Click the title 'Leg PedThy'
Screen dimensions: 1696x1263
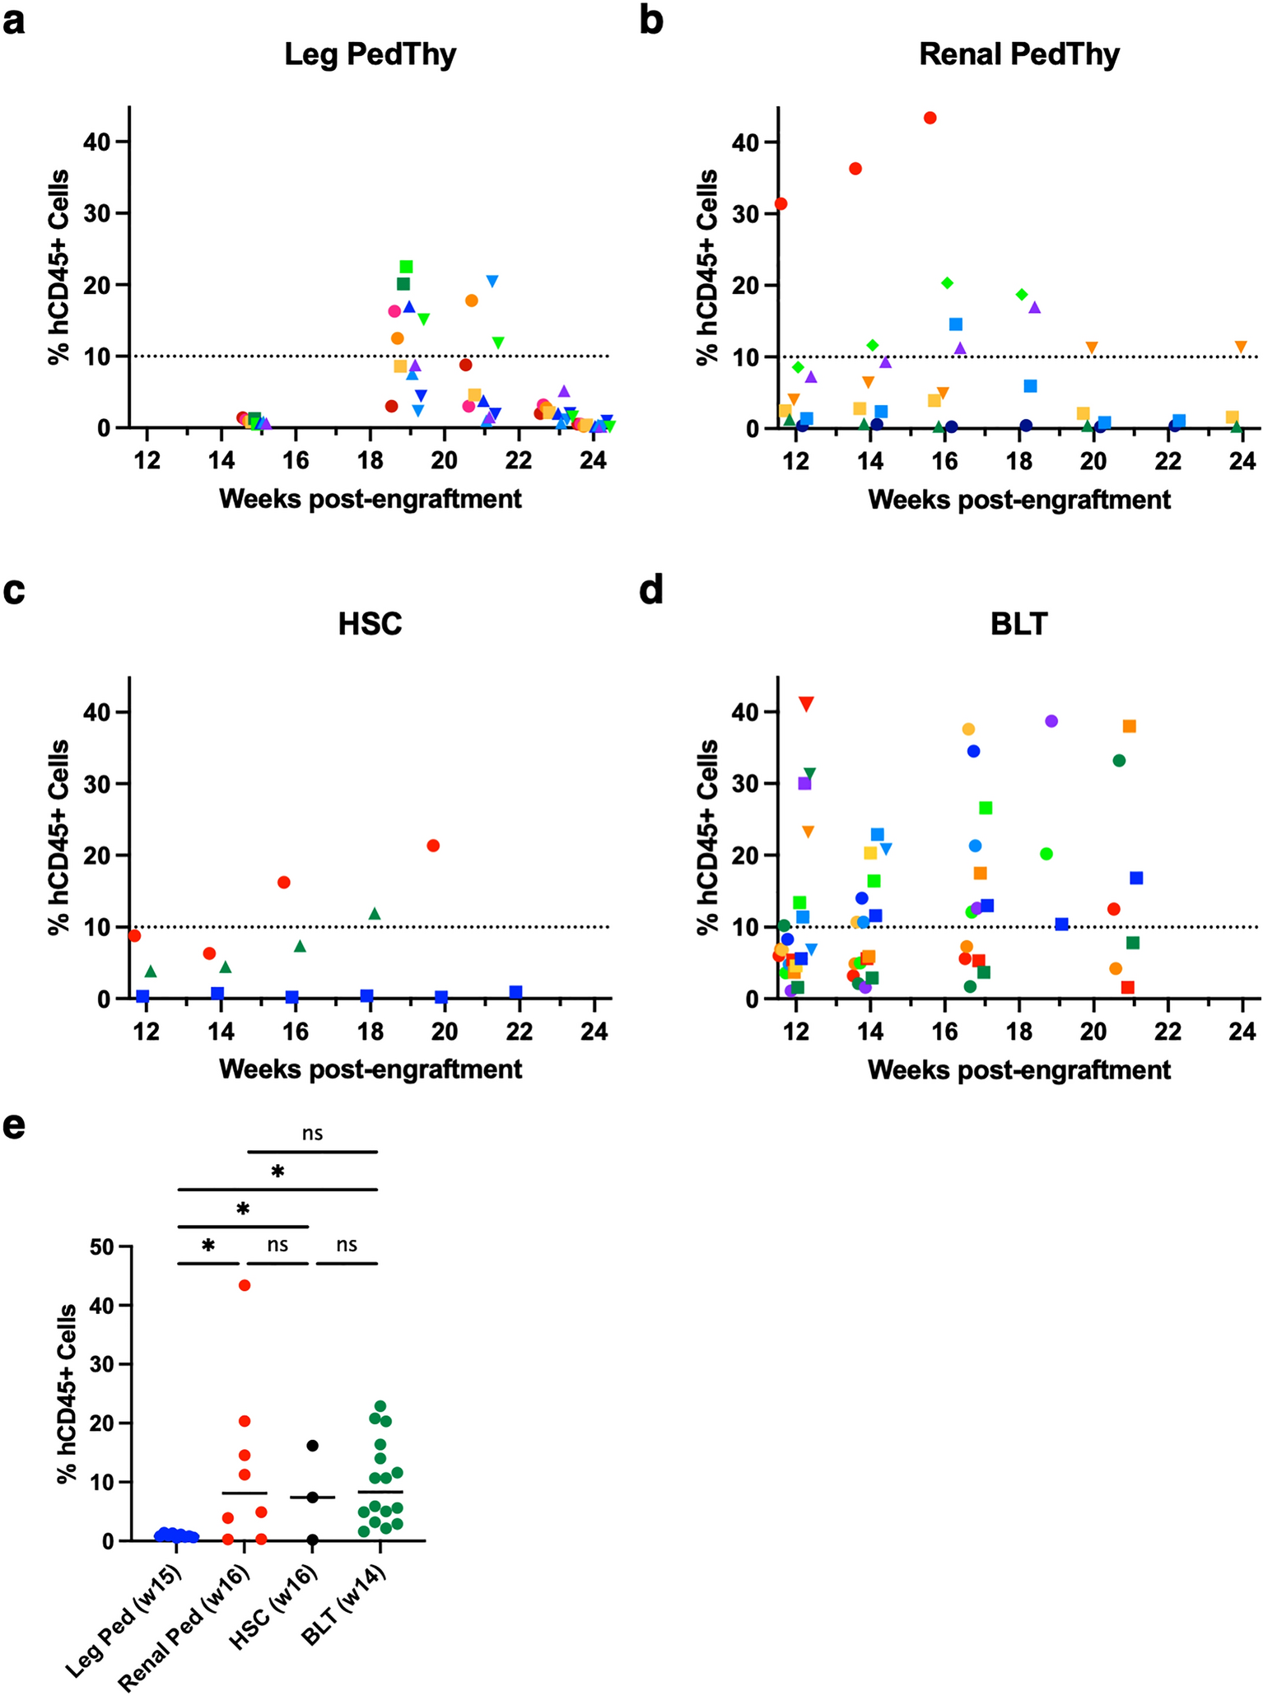click(370, 54)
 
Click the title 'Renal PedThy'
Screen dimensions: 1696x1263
click(1019, 54)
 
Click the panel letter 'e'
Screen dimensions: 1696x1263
click(14, 1128)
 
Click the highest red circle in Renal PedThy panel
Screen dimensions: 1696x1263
click(930, 118)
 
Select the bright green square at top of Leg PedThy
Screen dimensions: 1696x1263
click(406, 267)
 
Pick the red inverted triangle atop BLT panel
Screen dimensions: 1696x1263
click(806, 704)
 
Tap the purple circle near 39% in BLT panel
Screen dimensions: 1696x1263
click(1051, 721)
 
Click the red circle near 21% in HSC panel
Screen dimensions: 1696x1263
click(433, 846)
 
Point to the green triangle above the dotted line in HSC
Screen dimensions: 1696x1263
click(375, 914)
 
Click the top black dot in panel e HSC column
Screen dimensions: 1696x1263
click(313, 1446)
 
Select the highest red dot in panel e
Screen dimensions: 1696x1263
click(245, 1285)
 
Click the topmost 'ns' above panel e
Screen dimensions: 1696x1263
click(312, 1134)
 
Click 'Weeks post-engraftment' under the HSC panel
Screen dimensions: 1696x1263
click(370, 1069)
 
